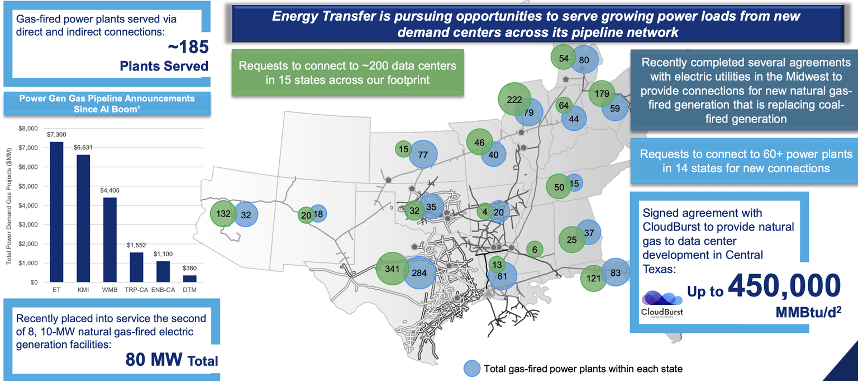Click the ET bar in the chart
(x=56, y=212)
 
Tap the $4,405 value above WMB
(x=109, y=190)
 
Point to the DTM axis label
(x=189, y=290)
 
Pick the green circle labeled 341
(x=392, y=269)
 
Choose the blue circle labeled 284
(x=419, y=273)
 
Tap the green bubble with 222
(x=514, y=100)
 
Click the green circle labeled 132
(x=223, y=214)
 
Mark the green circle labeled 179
(x=602, y=93)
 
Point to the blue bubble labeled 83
(x=616, y=272)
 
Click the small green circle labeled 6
(x=535, y=250)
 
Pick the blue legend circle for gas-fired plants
(x=472, y=368)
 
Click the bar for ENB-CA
(x=163, y=271)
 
